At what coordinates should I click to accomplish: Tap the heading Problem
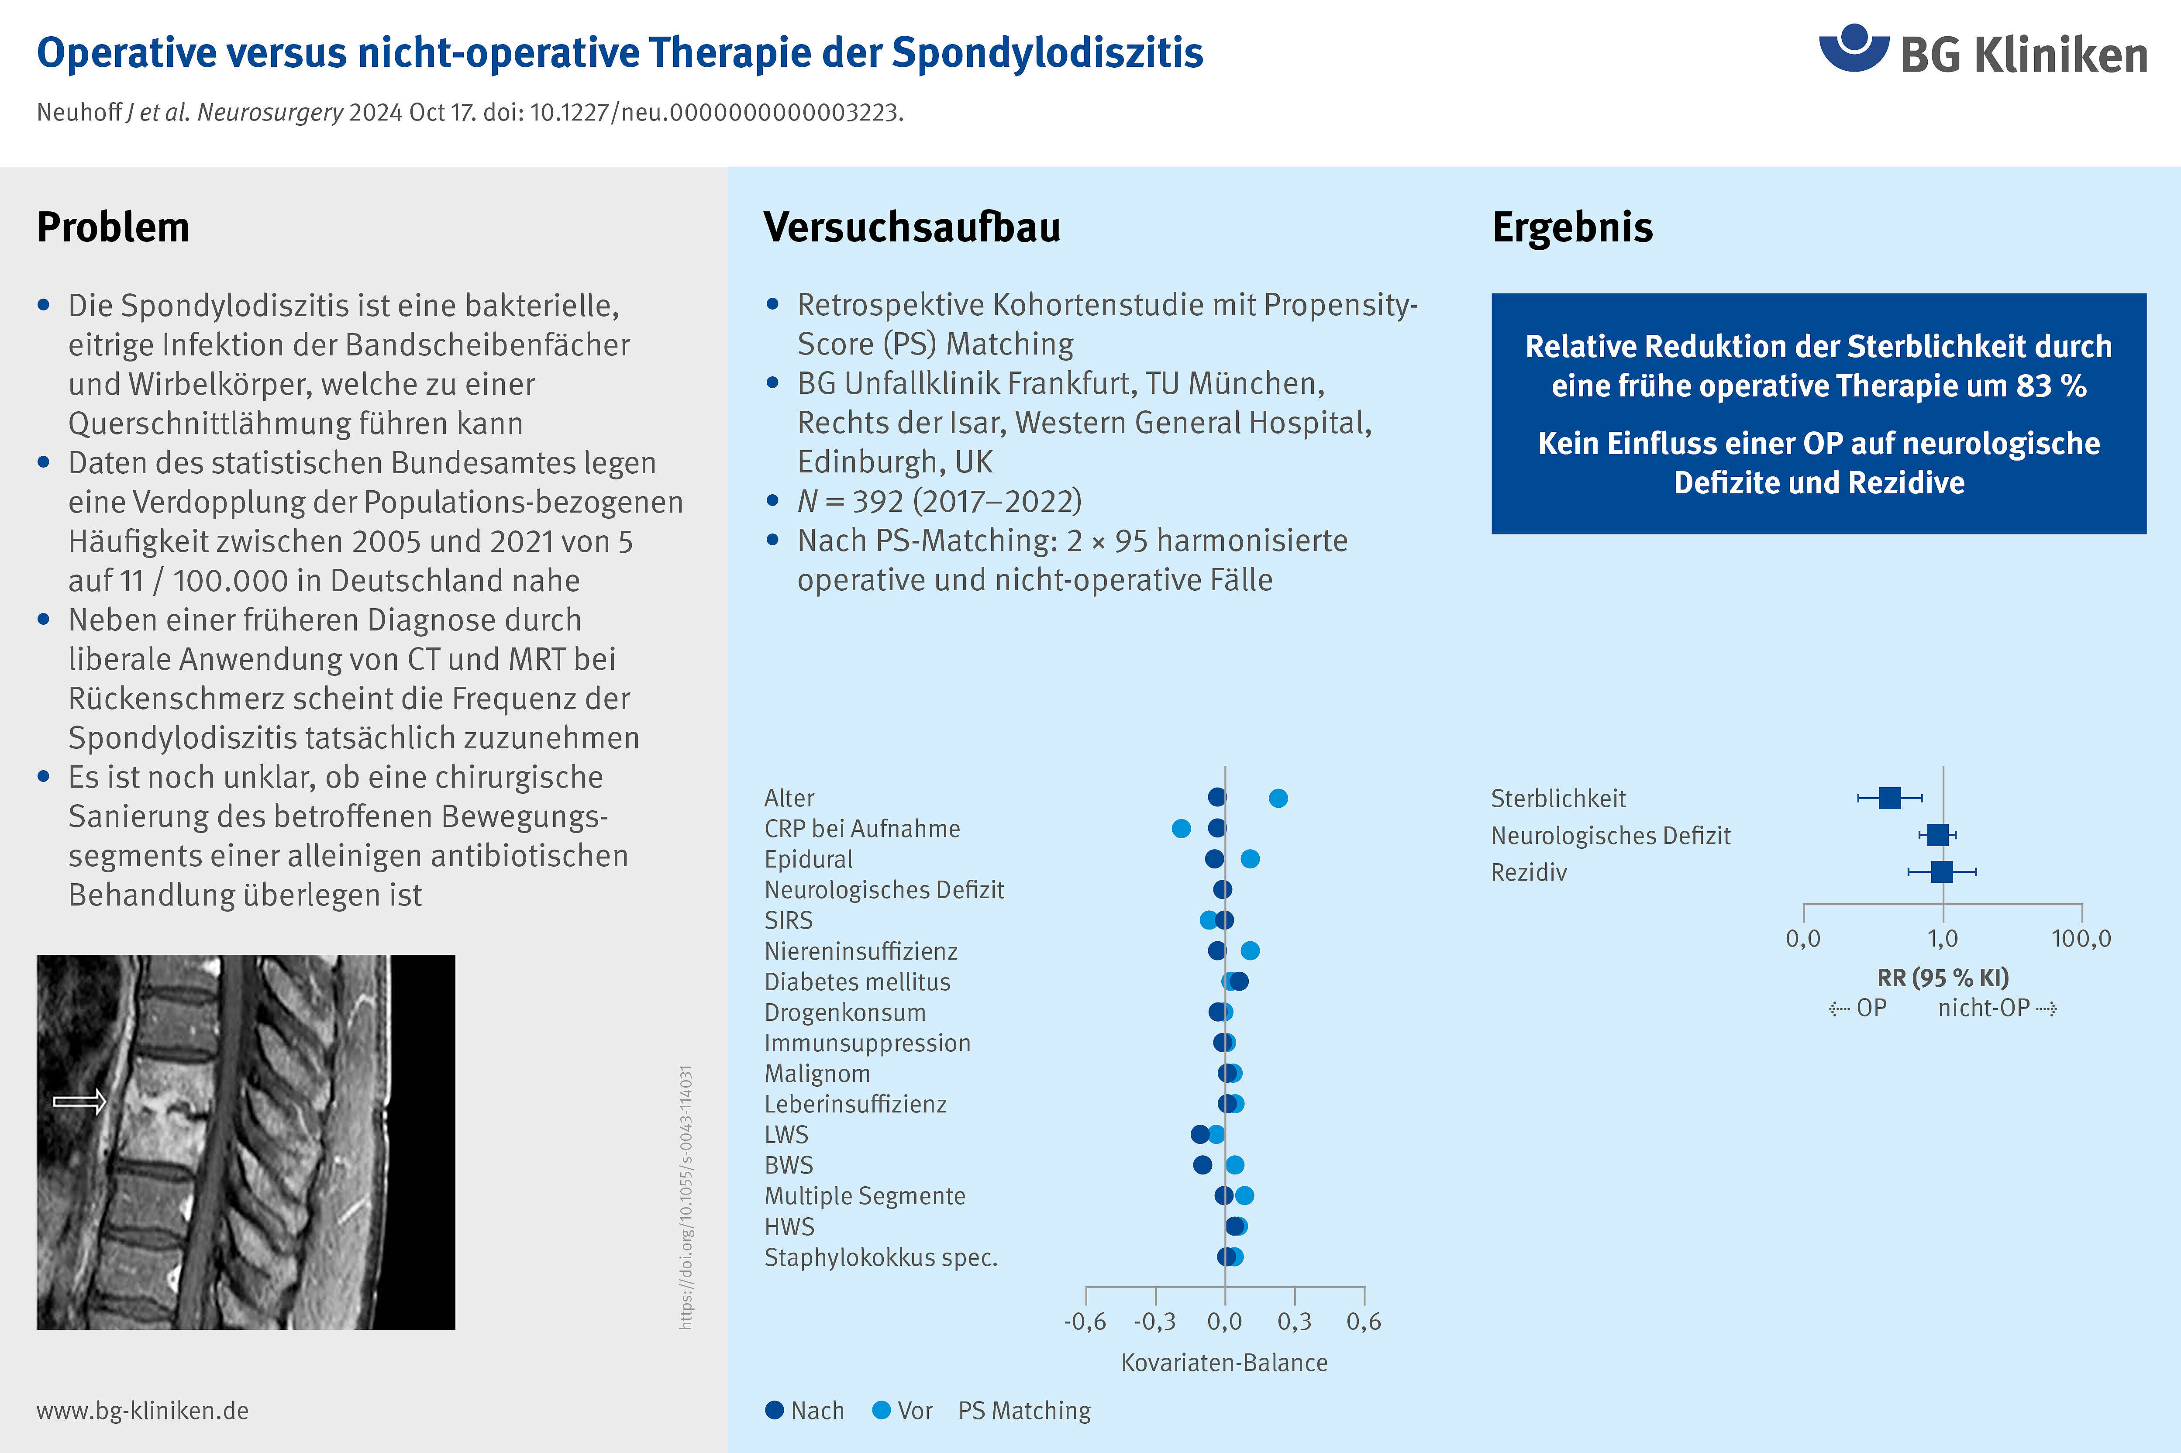pyautogui.click(x=113, y=227)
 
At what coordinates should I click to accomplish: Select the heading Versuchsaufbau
pyautogui.click(x=912, y=227)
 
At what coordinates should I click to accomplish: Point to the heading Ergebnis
pyautogui.click(x=1572, y=227)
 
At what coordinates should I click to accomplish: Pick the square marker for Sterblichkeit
pyautogui.click(x=1890, y=798)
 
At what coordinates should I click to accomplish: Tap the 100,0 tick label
pyautogui.click(x=2081, y=939)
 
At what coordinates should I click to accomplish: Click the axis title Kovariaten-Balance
pyautogui.click(x=1224, y=1362)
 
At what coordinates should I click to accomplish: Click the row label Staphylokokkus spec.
pyautogui.click(x=880, y=1257)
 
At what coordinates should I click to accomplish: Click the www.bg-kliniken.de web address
pyautogui.click(x=143, y=1410)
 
